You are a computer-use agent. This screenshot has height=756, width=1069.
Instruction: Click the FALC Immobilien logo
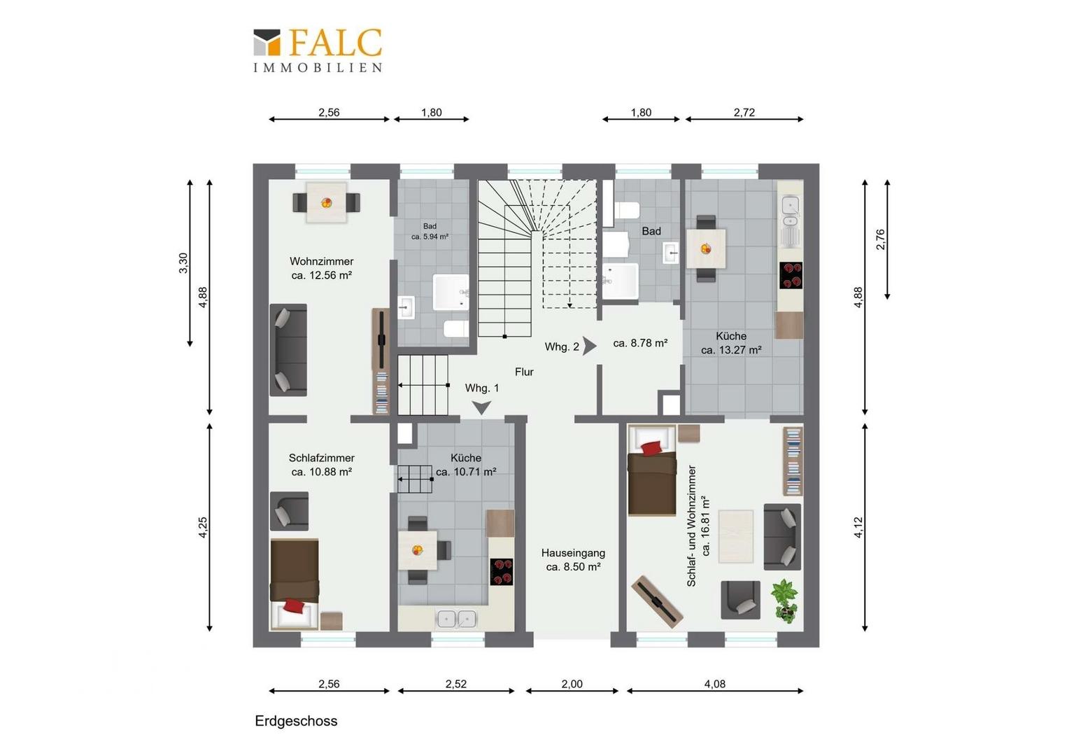pyautogui.click(x=318, y=50)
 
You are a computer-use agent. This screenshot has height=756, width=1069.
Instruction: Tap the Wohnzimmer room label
pyautogui.click(x=322, y=262)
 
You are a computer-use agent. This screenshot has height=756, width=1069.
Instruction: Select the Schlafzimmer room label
pyautogui.click(x=322, y=458)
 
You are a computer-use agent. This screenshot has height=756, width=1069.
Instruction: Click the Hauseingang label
pyautogui.click(x=573, y=553)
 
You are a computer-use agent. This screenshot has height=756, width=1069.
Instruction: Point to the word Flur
pyautogui.click(x=524, y=372)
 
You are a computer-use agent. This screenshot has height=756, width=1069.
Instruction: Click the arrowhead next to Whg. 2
pyautogui.click(x=590, y=346)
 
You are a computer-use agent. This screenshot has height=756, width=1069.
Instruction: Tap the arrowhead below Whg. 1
pyautogui.click(x=481, y=407)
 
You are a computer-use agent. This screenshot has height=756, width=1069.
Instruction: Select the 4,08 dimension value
pyautogui.click(x=715, y=684)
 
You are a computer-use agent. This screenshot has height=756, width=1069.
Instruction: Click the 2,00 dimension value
pyautogui.click(x=572, y=684)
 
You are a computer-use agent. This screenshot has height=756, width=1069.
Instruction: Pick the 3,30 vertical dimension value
pyautogui.click(x=183, y=263)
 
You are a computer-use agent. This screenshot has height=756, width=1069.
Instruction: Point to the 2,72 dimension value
pyautogui.click(x=744, y=112)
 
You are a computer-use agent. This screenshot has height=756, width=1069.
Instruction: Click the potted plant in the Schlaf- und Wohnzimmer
pyautogui.click(x=784, y=601)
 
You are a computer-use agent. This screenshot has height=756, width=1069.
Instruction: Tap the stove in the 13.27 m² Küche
pyautogui.click(x=791, y=276)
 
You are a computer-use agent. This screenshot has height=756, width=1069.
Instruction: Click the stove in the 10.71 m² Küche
pyautogui.click(x=502, y=572)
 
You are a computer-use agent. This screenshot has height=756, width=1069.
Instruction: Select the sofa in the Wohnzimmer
pyautogui.click(x=288, y=350)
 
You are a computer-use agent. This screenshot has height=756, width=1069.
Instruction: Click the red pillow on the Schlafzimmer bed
pyautogui.click(x=294, y=606)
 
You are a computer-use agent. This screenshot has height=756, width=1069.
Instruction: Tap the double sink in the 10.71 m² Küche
pyautogui.click(x=457, y=619)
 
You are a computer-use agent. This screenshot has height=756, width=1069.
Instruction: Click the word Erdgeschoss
pyautogui.click(x=296, y=721)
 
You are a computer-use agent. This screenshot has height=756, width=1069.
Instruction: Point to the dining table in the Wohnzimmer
pyautogui.click(x=327, y=202)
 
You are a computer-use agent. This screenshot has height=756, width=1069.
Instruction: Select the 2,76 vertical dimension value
pyautogui.click(x=881, y=239)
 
